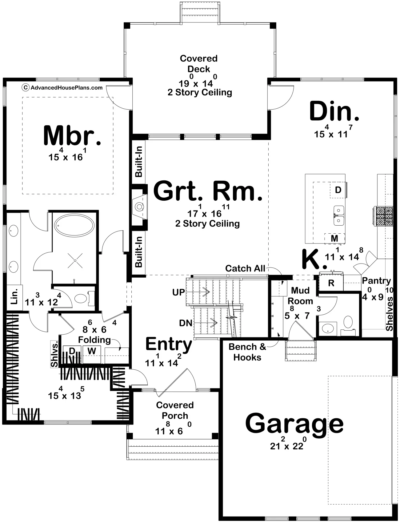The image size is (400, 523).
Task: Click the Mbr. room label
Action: (72, 135)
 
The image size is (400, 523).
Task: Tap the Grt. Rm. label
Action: (208, 191)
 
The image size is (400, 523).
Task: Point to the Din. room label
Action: (334, 112)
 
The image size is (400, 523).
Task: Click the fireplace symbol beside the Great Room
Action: (139, 206)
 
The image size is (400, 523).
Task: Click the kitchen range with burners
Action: (384, 216)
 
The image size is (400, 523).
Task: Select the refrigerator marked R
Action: (331, 283)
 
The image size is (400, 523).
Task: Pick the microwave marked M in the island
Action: (334, 238)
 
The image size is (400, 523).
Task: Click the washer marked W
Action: (92, 351)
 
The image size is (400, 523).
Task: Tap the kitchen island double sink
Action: (338, 215)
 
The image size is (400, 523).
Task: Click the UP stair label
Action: (178, 292)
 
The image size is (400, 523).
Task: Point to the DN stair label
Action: (186, 323)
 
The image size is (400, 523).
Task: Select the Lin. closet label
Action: (14, 296)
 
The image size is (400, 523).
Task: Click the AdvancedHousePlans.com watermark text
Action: (66, 88)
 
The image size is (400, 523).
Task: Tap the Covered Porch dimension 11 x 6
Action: (174, 429)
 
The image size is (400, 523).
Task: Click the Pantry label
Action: (376, 281)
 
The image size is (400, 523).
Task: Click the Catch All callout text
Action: (245, 268)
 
